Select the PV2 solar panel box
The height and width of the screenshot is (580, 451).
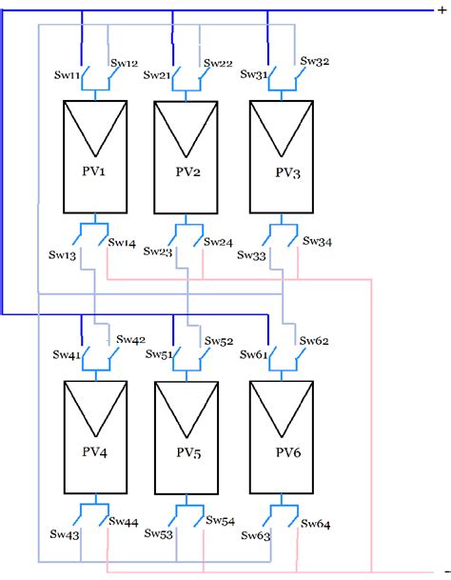[187, 157]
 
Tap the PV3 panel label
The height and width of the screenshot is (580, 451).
[286, 171]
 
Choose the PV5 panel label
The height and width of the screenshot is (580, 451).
[189, 452]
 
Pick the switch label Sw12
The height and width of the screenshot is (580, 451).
[125, 63]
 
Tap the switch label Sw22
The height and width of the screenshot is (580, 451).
[218, 63]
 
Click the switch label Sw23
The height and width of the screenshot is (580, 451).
[158, 252]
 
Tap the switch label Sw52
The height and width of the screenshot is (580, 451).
[220, 340]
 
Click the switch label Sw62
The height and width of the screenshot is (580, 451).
[315, 340]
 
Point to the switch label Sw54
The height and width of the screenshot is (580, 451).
[221, 521]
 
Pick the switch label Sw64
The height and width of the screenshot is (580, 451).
[316, 523]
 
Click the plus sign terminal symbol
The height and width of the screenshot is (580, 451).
[440, 10]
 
